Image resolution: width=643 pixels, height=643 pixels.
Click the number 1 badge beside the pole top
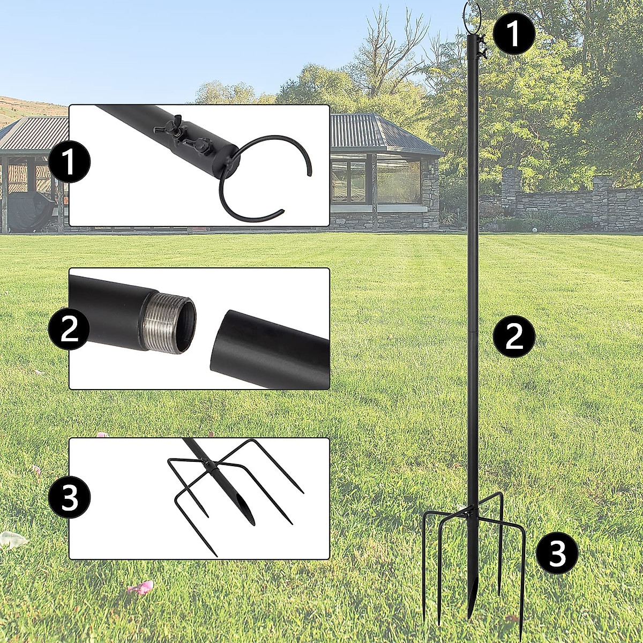point(514,34)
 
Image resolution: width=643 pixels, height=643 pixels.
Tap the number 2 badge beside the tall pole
point(514,336)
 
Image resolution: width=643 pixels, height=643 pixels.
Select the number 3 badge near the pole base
point(557,553)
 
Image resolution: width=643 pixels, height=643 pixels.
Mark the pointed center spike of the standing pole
point(471,595)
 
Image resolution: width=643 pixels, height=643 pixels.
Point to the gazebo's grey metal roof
point(375,134)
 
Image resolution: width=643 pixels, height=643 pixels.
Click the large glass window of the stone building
point(399,182)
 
